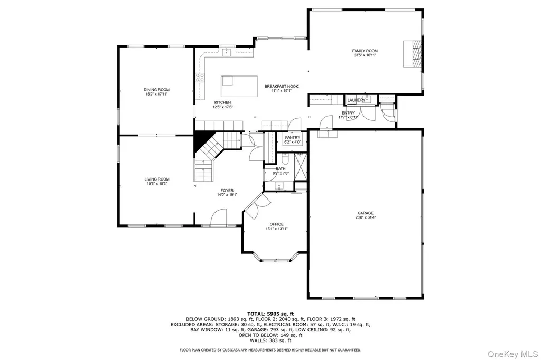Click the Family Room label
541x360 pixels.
coord(365,51)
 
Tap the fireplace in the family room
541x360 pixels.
coord(413,53)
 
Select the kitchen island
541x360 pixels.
coord(239,86)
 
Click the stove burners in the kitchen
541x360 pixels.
coord(200,78)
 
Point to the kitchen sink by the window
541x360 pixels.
coord(226,52)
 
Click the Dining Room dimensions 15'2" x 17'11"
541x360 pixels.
coord(156,94)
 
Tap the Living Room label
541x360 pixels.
coord(157,179)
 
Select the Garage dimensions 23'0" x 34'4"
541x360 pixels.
coord(366,217)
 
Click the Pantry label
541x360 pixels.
coord(293,138)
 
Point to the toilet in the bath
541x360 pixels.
coord(285,159)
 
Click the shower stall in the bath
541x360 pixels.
coord(301,167)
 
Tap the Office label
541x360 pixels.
coord(277,224)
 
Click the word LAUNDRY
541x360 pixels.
coord(357,100)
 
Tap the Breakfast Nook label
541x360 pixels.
coord(281,87)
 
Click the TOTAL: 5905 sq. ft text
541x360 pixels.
coord(270,314)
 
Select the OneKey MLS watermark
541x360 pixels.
coord(512,354)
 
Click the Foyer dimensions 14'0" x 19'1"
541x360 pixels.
coord(227,195)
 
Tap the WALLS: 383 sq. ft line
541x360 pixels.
coord(270,340)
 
